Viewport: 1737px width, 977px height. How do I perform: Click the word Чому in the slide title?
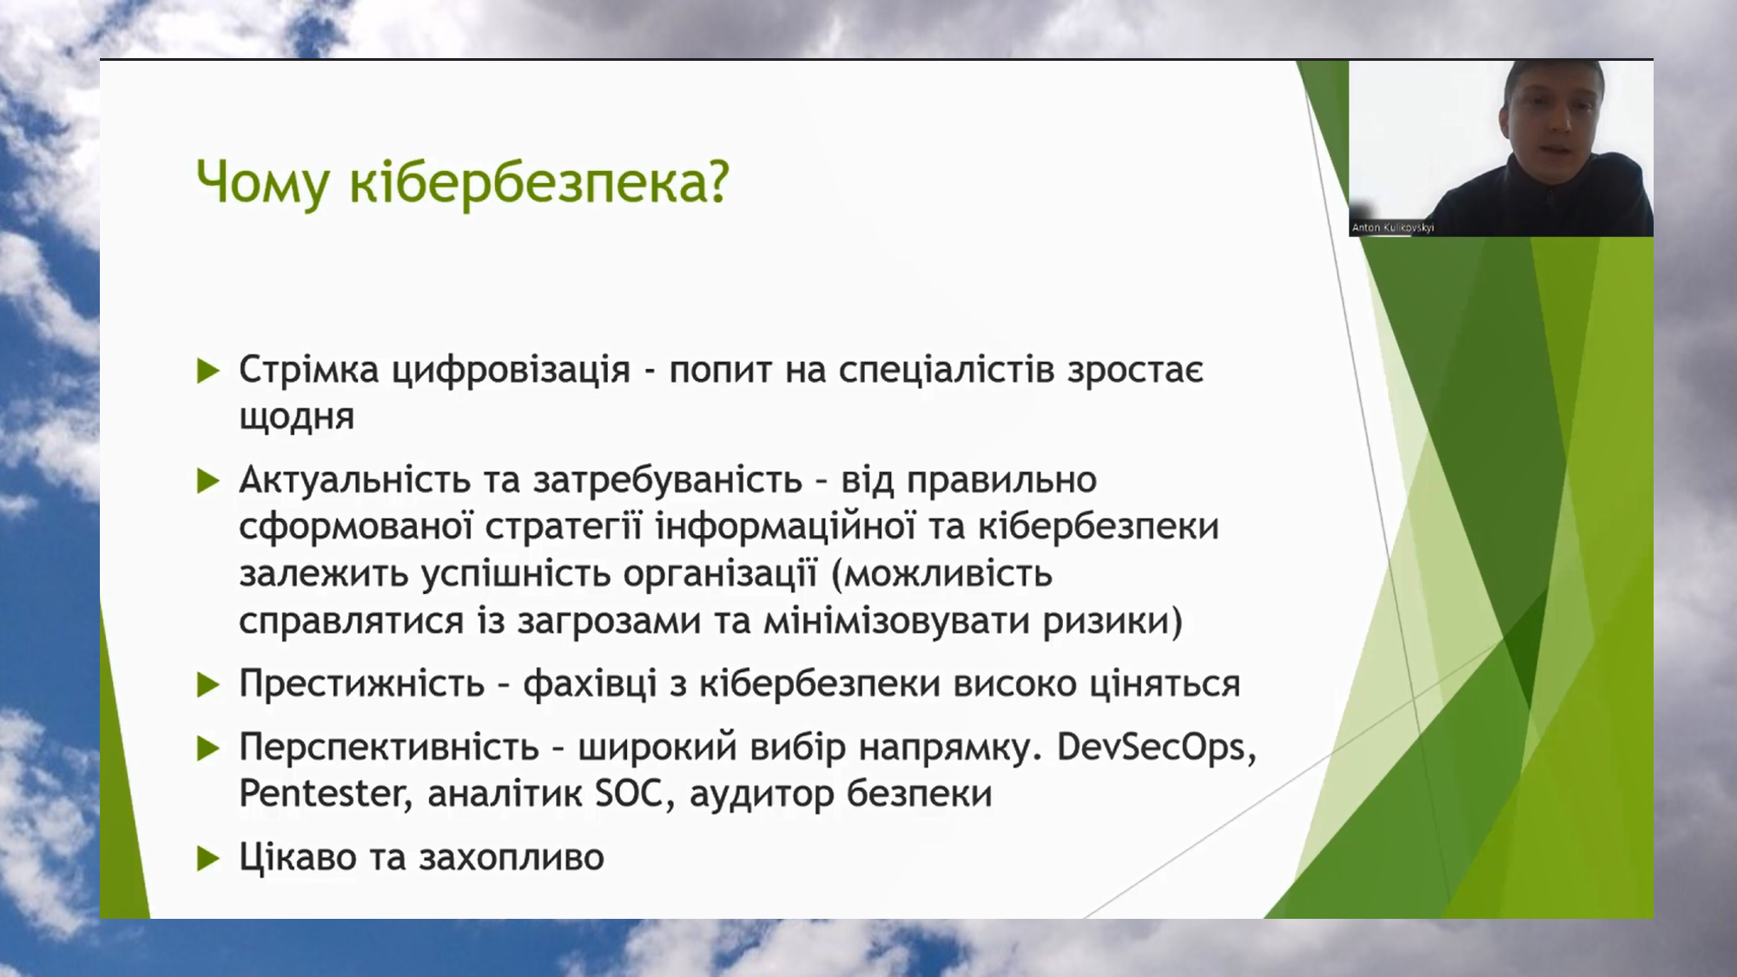263,183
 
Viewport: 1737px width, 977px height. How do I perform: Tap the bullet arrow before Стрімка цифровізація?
208,371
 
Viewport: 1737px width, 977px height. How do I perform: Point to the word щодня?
297,418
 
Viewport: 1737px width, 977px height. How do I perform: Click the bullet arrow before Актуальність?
208,480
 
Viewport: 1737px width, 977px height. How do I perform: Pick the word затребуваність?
668,480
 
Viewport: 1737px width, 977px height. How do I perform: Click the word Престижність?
362,683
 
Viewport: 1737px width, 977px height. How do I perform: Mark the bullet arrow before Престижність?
208,685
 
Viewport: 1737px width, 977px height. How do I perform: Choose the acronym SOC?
631,794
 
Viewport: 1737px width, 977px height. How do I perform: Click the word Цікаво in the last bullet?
298,857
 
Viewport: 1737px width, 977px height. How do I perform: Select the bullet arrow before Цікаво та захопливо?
208,858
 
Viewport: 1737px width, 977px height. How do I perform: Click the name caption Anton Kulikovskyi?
1393,228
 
